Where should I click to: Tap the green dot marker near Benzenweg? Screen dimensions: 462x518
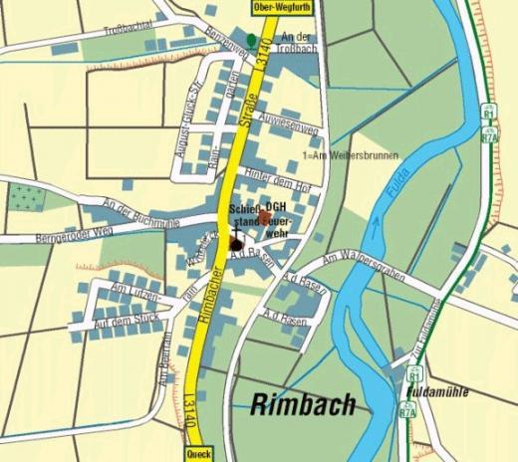pyautogui.click(x=250, y=39)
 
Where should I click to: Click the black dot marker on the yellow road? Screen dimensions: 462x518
pyautogui.click(x=236, y=245)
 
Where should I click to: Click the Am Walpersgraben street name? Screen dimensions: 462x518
pyautogui.click(x=364, y=264)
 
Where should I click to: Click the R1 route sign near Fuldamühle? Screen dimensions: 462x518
pyautogui.click(x=411, y=376)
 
